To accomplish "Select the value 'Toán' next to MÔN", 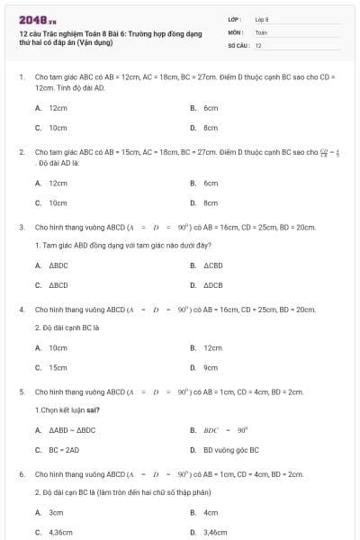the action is (x=261, y=31).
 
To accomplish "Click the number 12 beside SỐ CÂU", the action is (x=258, y=44).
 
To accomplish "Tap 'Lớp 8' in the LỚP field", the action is (x=262, y=19).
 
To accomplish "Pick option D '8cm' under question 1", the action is (x=211, y=128).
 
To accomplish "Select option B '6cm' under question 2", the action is (x=211, y=183).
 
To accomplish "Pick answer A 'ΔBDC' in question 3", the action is (x=58, y=265).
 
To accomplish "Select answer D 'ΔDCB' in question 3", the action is (x=212, y=286).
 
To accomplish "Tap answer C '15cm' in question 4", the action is (x=58, y=367).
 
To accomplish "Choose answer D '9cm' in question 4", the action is (x=211, y=367).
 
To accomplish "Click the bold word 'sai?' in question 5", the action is (x=92, y=409).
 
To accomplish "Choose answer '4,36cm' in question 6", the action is (x=60, y=532).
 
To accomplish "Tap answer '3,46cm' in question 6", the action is (x=215, y=532).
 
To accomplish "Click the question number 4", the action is (x=21, y=310).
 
